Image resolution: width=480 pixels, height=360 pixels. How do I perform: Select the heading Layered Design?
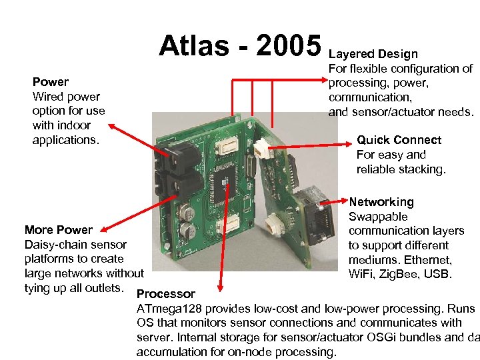[373, 54]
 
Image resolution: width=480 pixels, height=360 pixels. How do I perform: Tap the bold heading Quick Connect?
[399, 140]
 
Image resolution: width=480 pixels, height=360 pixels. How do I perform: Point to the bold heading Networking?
[381, 202]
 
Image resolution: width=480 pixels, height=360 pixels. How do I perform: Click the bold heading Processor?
[166, 294]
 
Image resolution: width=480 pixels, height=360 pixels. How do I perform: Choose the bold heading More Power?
[59, 230]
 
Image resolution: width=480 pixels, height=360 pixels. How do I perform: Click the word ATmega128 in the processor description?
[170, 309]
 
